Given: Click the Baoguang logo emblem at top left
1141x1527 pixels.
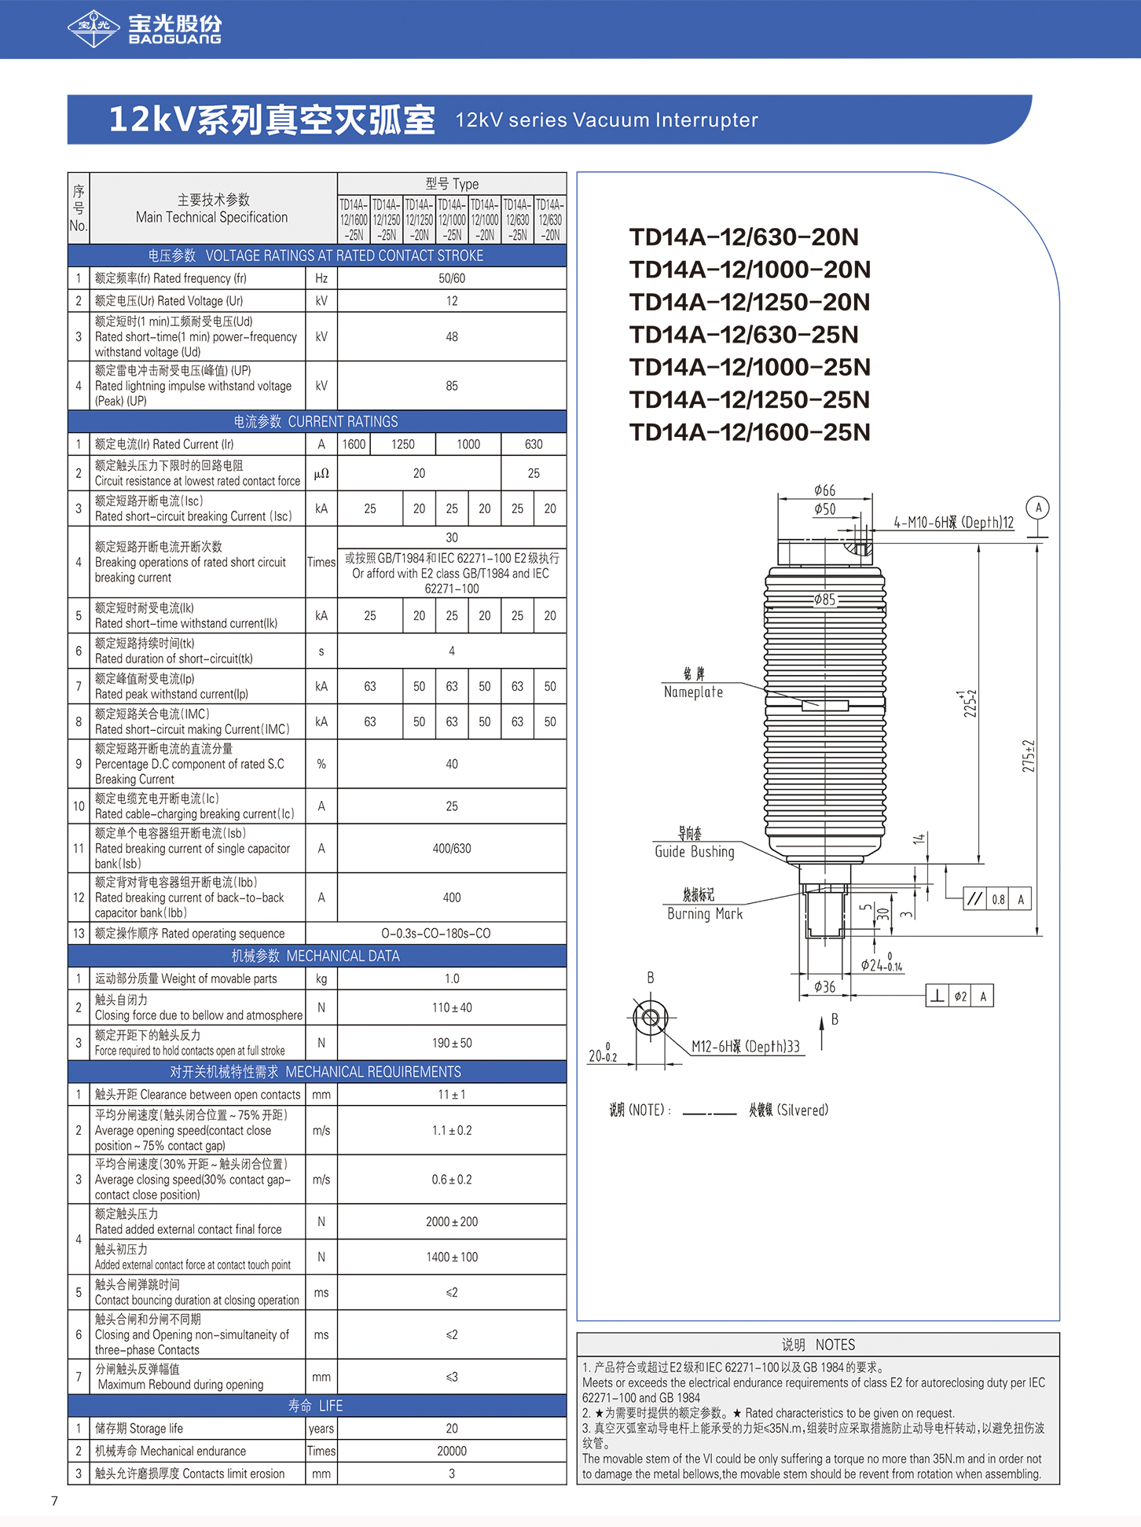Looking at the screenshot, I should (x=94, y=28).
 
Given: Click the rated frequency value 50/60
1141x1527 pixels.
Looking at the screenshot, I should (x=452, y=278).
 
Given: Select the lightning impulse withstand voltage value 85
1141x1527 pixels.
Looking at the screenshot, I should (x=452, y=386).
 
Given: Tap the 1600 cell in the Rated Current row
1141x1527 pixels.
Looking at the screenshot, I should (x=354, y=444).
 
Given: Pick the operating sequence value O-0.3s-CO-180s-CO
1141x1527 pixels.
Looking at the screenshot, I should (x=435, y=934).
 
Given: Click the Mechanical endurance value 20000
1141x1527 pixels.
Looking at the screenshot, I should (x=452, y=1451).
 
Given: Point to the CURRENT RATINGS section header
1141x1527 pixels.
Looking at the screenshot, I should (x=316, y=422).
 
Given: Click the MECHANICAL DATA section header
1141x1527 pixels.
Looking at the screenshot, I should (x=316, y=956).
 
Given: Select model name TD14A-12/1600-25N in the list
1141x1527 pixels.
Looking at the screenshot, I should (x=750, y=432).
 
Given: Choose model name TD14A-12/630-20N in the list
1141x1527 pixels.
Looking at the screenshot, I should (x=743, y=237).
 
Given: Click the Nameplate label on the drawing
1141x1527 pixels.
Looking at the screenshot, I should (x=693, y=692).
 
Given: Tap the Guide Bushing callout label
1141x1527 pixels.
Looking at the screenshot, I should (x=695, y=852).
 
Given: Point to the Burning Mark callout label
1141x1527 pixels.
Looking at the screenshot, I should (x=704, y=913).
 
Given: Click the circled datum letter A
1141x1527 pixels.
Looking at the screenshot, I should (x=1038, y=508).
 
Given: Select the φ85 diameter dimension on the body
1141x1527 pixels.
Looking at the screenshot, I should (x=824, y=600).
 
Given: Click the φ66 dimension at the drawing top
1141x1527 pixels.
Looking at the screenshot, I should (x=824, y=490).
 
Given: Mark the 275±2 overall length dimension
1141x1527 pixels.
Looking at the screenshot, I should (x=1029, y=756).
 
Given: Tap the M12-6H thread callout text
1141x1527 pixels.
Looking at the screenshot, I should (x=745, y=1046).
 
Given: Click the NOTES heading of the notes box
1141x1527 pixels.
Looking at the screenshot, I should (x=818, y=1345).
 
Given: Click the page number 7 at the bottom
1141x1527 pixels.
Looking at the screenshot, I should (x=54, y=1501).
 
